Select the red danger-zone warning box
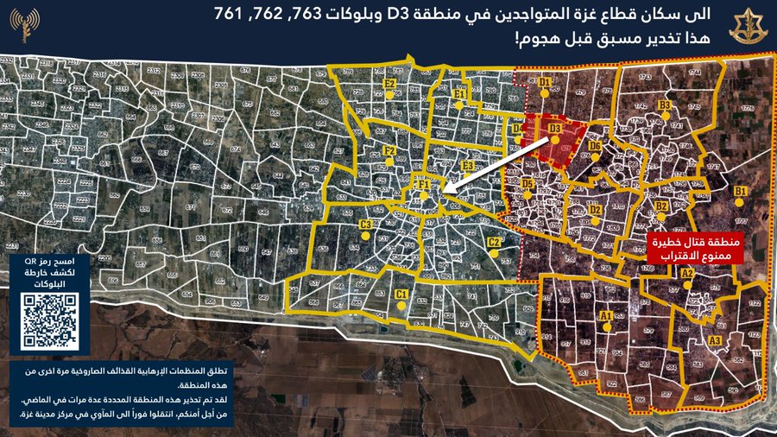pyautogui.click(x=691, y=246)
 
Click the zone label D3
pyautogui.click(x=555, y=130)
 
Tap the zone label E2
pyautogui.click(x=390, y=84)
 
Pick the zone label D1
pyautogui.click(x=544, y=82)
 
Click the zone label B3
pyautogui.click(x=665, y=105)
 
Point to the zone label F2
pyautogui.click(x=388, y=152)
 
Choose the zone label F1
pyautogui.click(x=424, y=185)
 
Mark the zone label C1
pyautogui.click(x=401, y=294)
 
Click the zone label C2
pyautogui.click(x=494, y=243)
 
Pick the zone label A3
pyautogui.click(x=714, y=341)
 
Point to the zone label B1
pyautogui.click(x=740, y=191)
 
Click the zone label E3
pyautogui.click(x=468, y=165)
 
